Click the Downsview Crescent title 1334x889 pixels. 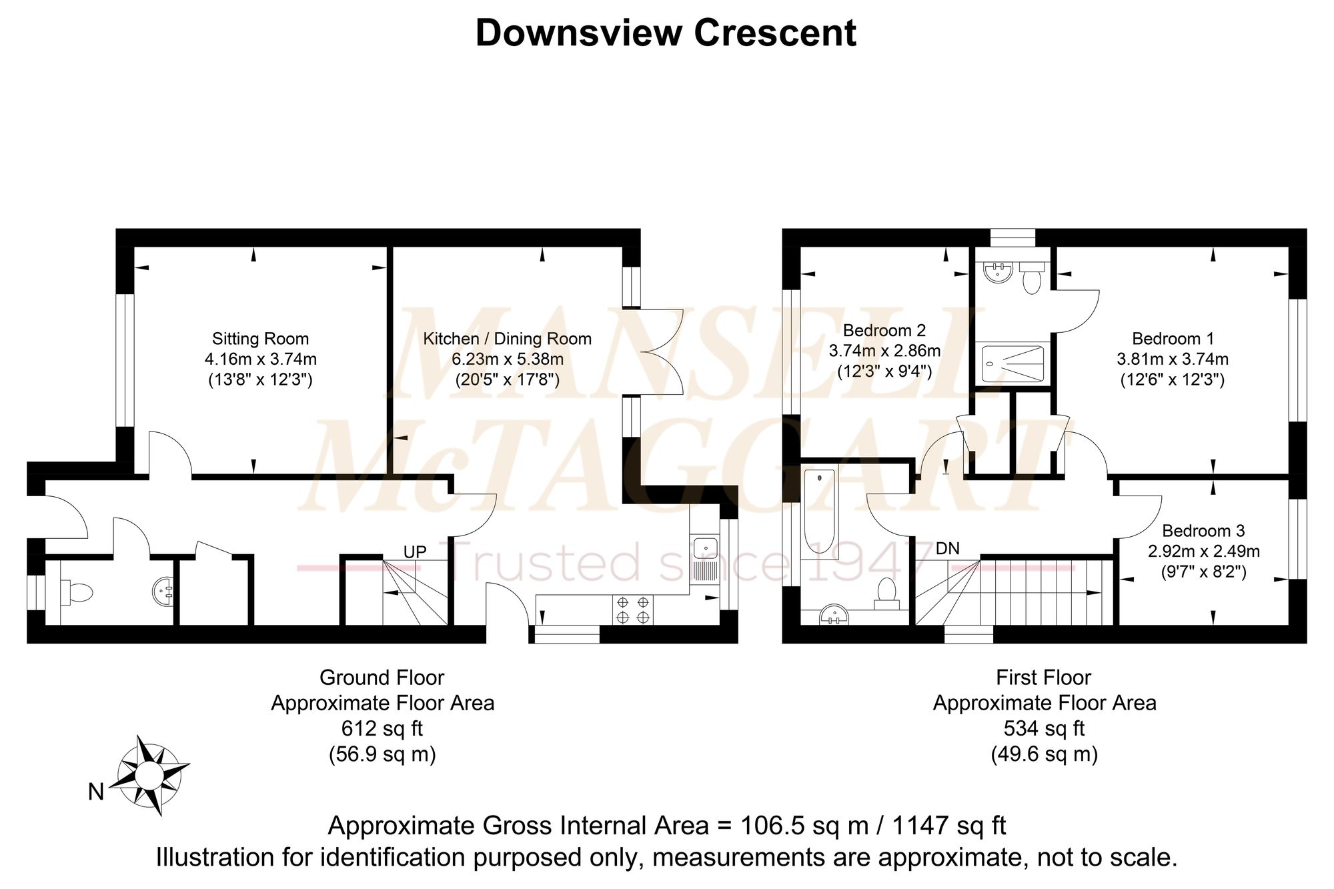(666, 33)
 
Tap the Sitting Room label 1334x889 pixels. (260, 339)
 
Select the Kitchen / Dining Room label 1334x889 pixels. (507, 339)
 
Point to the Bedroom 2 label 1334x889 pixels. (884, 330)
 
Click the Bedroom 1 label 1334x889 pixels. (1173, 339)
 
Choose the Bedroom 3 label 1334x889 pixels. (1203, 531)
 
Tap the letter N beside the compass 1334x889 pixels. (96, 792)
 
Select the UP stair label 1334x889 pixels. (415, 552)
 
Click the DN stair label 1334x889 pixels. (947, 548)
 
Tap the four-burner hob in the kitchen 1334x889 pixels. (633, 610)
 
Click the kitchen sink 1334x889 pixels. (705, 558)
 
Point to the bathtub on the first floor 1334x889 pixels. (819, 512)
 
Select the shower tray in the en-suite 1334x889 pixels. (1013, 363)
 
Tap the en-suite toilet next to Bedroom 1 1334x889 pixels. (1032, 277)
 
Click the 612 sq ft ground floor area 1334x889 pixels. (382, 728)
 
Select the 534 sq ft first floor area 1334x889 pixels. (1045, 728)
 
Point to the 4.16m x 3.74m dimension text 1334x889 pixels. (260, 359)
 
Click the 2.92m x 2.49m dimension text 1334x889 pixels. (1203, 551)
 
